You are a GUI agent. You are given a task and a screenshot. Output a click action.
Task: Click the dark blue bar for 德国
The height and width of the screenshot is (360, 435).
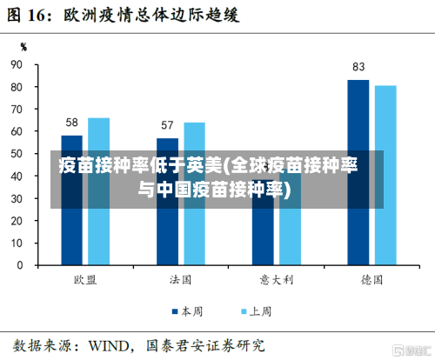358,174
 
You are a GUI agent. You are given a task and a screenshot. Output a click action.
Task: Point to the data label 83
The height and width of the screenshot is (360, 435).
358,67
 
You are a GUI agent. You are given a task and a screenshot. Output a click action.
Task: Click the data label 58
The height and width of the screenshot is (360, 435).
72,123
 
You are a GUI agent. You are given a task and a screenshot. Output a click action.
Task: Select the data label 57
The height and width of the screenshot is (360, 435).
167,125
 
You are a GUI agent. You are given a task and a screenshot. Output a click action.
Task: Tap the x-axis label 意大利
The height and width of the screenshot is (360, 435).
276,280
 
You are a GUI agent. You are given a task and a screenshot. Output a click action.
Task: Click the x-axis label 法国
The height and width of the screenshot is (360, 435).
181,280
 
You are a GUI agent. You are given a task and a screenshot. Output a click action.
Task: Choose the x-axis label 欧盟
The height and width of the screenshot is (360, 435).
85,280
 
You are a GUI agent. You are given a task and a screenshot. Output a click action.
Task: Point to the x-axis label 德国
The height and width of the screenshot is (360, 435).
371,280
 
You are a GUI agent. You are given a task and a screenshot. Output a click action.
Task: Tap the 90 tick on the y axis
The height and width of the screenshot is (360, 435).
17,65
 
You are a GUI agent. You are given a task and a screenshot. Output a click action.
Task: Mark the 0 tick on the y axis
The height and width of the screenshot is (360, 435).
19,265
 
